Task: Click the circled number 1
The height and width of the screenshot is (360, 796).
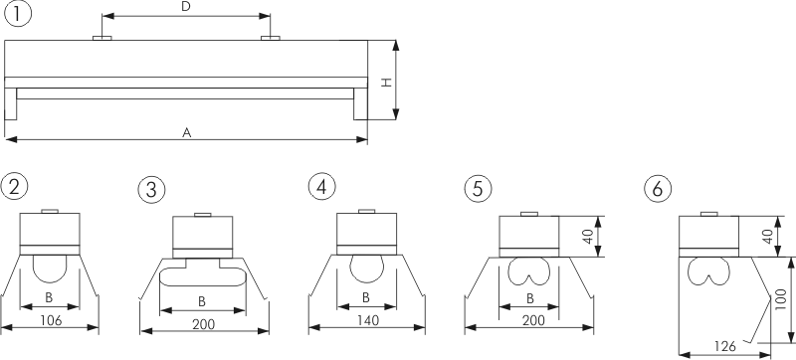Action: coord(18,14)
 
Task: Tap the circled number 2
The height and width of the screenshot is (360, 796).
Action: coord(14,186)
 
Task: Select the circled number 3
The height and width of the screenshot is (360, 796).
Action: coord(152,190)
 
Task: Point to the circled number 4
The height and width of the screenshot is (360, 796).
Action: coord(322,186)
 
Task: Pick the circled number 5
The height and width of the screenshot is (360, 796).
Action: coord(479,188)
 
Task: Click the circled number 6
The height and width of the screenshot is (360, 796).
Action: coord(658,189)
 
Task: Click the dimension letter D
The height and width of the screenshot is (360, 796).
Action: coord(186,7)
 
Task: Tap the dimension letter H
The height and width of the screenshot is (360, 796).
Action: coord(387,83)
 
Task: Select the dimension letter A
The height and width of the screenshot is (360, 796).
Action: coord(187,133)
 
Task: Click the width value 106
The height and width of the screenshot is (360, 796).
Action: coord(51,320)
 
